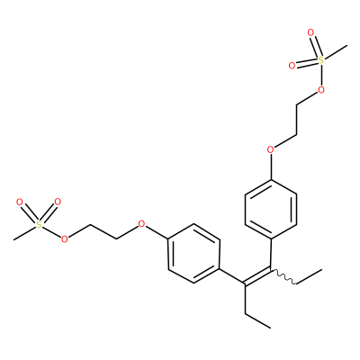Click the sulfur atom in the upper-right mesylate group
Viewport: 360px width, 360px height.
(x=321, y=60)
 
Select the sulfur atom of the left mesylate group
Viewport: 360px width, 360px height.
(x=39, y=224)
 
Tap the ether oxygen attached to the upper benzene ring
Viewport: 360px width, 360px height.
(x=271, y=149)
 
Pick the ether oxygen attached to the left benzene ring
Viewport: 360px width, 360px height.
(x=141, y=224)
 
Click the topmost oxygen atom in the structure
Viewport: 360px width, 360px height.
(x=310, y=32)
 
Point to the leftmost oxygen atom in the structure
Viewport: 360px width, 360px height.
(x=20, y=202)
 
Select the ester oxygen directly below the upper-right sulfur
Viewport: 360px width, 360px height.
(x=321, y=89)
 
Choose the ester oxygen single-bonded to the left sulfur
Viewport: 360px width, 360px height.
(x=64, y=239)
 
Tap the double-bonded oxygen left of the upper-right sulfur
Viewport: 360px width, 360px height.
(x=292, y=66)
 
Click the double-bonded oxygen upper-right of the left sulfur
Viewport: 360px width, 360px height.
(x=58, y=202)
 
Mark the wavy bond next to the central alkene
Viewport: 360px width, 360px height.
(x=283, y=277)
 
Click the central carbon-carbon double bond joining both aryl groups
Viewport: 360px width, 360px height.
(x=257, y=275)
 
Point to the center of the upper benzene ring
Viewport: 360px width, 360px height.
(x=271, y=210)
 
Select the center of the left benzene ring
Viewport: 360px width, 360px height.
(x=193, y=254)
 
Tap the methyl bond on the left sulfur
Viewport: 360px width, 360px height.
(x=24, y=232)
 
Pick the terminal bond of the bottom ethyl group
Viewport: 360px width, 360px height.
(x=257, y=321)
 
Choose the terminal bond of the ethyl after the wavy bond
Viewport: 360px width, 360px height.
(x=310, y=276)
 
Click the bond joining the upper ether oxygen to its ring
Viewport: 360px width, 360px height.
(x=271, y=166)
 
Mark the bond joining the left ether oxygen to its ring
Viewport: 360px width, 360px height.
(x=157, y=232)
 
